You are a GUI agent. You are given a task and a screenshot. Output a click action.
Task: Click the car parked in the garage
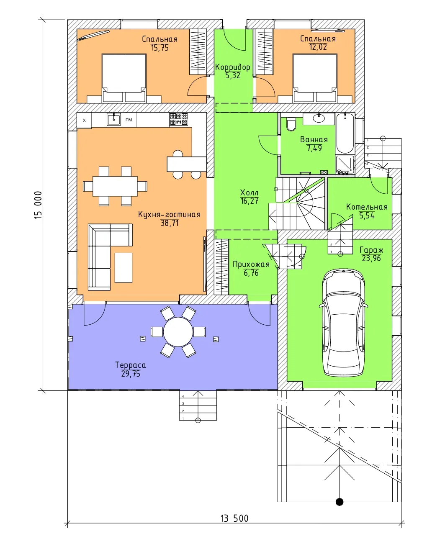(344, 323)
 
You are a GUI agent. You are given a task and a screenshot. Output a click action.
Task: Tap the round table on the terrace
(178, 332)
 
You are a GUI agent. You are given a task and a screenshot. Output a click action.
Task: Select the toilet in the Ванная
(291, 124)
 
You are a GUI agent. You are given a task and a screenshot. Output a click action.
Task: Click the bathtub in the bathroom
(345, 133)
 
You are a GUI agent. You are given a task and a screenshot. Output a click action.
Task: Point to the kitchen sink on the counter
(113, 119)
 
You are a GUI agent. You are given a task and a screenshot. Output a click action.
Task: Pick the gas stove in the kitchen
(178, 119)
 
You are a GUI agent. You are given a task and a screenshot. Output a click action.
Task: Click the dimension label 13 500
(234, 518)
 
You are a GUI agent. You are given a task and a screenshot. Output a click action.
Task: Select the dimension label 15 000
(38, 205)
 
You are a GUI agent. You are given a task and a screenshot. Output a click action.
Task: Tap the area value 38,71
(169, 223)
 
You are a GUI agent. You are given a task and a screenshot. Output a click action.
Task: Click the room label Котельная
(367, 207)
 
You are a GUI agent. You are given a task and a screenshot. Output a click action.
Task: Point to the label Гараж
(371, 250)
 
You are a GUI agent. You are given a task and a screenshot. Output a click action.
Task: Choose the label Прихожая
(251, 264)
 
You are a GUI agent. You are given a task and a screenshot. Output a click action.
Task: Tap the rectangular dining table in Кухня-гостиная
(115, 186)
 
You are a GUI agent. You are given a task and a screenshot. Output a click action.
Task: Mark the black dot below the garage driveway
(340, 502)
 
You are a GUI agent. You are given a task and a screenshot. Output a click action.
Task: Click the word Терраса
(131, 365)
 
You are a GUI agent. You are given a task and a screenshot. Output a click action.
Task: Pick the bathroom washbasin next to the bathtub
(319, 118)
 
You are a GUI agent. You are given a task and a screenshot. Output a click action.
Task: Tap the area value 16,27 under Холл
(250, 201)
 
